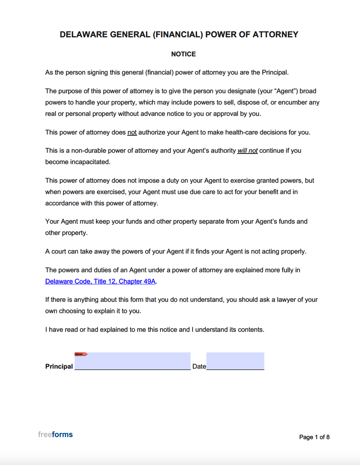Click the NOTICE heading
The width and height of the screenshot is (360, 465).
pos(183,54)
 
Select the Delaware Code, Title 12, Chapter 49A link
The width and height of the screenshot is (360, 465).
pos(100,282)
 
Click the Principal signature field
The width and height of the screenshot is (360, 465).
pos(133,361)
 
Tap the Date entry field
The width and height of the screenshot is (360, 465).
pos(235,361)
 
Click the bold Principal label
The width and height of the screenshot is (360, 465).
pos(59,367)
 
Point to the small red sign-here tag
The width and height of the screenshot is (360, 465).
pos(81,354)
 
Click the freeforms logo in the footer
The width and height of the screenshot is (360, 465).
pos(56,435)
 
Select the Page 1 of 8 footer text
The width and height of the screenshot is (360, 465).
pos(314,437)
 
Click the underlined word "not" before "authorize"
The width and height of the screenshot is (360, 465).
pos(132,132)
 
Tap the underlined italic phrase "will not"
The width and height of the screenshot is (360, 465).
pos(247,151)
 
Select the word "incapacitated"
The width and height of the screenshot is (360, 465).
pos(89,162)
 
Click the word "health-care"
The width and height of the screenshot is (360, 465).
pos(255,132)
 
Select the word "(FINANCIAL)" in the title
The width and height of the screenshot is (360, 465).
pos(178,35)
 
